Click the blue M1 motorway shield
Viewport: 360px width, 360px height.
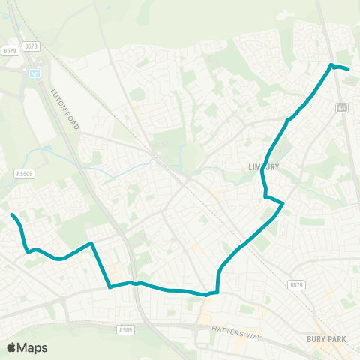[34, 74]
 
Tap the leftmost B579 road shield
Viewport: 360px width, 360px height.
[9, 51]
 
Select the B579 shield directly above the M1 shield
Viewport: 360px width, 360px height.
[31, 46]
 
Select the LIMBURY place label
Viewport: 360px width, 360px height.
[263, 166]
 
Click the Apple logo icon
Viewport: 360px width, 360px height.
[12, 347]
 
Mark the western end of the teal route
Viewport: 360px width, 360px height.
[12, 215]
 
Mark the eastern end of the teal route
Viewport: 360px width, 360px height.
[349, 70]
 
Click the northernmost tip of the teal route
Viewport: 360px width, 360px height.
[331, 65]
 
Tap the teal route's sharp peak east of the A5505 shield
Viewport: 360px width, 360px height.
[91, 243]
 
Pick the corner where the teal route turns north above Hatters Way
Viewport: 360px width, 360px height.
[217, 290]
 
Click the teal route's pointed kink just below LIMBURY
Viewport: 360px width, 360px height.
[282, 203]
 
